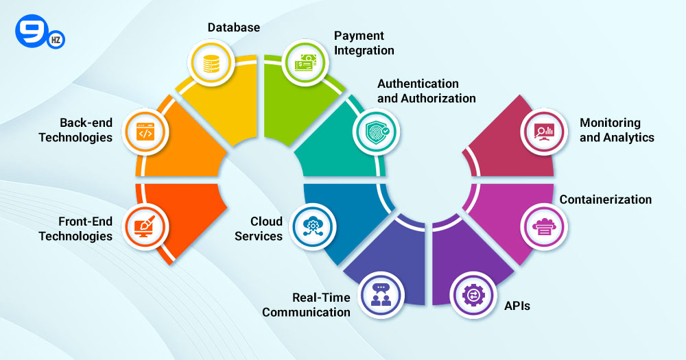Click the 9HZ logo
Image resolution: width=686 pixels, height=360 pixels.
click(x=40, y=32)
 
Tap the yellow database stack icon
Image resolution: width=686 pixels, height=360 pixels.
click(x=211, y=63)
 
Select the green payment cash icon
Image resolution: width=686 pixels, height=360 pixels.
click(x=305, y=63)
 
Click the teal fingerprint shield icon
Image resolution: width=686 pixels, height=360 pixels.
click(x=377, y=132)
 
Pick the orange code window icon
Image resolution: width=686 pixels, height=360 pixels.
click(x=145, y=132)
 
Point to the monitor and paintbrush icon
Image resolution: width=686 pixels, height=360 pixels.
click(x=145, y=226)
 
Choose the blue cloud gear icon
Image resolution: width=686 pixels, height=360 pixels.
click(x=312, y=226)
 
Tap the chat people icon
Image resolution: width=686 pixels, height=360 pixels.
click(x=381, y=295)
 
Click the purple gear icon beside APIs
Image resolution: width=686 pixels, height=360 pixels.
click(x=473, y=295)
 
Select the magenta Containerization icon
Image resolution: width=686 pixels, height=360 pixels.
click(x=544, y=226)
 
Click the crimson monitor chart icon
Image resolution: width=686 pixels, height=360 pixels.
click(x=544, y=132)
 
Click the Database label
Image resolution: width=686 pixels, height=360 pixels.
click(x=234, y=27)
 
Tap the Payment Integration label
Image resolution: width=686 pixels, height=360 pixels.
click(x=364, y=43)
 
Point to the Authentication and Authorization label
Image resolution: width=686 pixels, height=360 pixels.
click(x=427, y=91)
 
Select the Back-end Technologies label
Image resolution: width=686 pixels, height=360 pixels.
click(x=75, y=130)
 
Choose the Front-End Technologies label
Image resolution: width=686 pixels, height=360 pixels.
click(x=75, y=229)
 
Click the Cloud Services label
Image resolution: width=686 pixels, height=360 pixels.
click(x=259, y=229)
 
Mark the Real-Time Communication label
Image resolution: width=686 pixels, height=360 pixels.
click(x=306, y=305)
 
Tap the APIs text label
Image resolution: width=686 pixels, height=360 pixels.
click(x=517, y=306)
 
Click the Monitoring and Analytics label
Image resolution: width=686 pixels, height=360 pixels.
click(x=617, y=130)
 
